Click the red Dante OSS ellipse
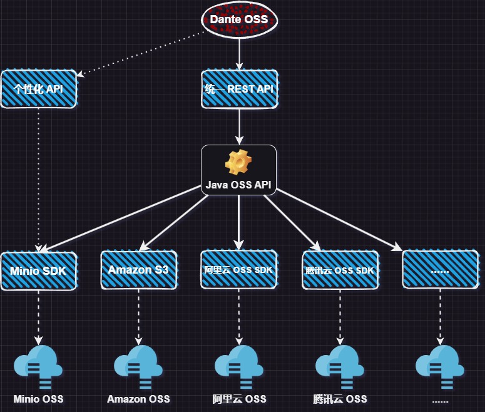239,19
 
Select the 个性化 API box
38,89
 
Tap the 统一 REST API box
239,89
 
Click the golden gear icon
238,163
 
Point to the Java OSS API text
238,185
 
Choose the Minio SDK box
38,271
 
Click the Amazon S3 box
138,270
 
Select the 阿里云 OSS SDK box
238,270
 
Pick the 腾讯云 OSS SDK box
340,270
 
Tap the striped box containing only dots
440,270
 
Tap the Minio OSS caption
38,399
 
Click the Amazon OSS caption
138,399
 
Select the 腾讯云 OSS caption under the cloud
340,399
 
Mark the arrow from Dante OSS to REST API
239,53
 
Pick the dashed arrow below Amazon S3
138,316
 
